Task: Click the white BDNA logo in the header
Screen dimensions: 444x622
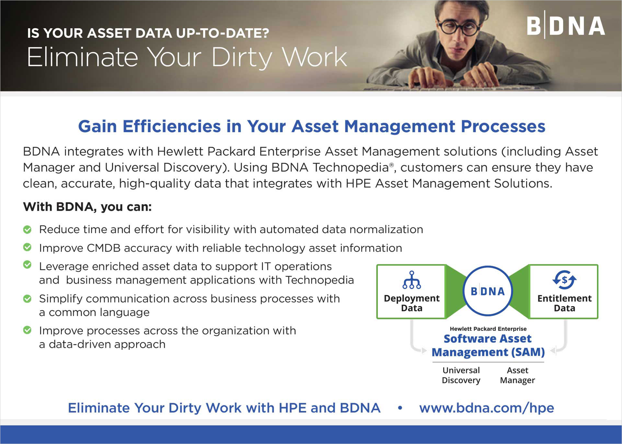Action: [x=566, y=26]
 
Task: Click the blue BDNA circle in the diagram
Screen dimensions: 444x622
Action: [x=488, y=291]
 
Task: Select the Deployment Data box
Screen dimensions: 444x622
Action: [x=411, y=292]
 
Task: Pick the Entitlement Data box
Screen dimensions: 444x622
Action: [x=564, y=292]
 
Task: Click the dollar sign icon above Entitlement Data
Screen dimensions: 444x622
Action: [x=564, y=279]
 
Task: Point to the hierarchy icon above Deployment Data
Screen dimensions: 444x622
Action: [x=411, y=280]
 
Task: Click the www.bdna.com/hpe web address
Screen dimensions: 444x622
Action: [x=487, y=408]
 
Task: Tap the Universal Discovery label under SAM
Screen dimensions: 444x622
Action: [x=461, y=375]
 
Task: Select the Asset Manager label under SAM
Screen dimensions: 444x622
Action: [x=517, y=375]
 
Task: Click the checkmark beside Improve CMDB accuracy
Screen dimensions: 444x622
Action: [x=28, y=247]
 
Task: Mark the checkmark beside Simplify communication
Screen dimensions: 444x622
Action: [x=28, y=299]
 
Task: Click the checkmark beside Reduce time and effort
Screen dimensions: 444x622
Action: [x=28, y=230]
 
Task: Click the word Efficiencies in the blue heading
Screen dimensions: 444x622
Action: [x=172, y=126]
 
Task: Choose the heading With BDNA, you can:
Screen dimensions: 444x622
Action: [x=87, y=207]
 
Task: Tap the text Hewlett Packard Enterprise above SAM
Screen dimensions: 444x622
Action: [x=488, y=329]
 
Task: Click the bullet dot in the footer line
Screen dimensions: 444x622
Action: [x=400, y=408]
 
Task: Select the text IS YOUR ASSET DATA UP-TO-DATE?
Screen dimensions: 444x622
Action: [x=148, y=33]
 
